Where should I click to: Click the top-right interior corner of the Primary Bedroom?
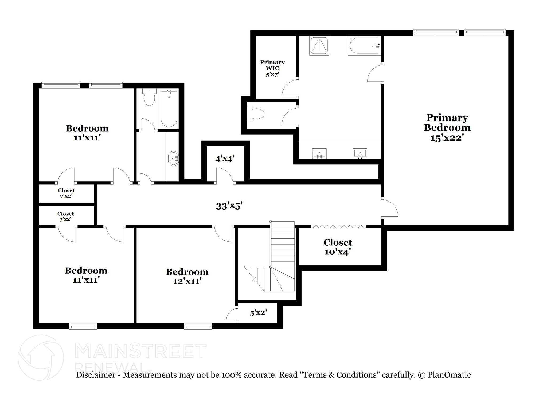pyautogui.click(x=508, y=36)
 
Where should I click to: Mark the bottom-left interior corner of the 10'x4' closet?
pyautogui.click(x=299, y=265)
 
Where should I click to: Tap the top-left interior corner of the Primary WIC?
pyautogui.click(x=256, y=36)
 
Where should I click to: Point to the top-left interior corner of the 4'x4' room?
pyautogui.click(x=207, y=146)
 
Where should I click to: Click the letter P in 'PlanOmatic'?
pyautogui.click(x=431, y=375)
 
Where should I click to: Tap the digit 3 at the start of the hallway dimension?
pyautogui.click(x=218, y=206)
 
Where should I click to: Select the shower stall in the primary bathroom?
pyautogui.click(x=319, y=46)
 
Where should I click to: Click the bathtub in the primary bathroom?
pyautogui.click(x=365, y=46)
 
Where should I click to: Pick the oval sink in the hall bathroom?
pyautogui.click(x=173, y=159)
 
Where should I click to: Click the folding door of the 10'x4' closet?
pyautogui.click(x=339, y=227)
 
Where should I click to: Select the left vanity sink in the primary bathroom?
pyautogui.click(x=319, y=154)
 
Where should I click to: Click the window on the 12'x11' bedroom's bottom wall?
pyautogui.click(x=198, y=326)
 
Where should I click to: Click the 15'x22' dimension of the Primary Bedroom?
pyautogui.click(x=447, y=138)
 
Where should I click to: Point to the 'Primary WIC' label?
pyautogui.click(x=272, y=65)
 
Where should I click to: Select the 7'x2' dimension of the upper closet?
pyautogui.click(x=66, y=196)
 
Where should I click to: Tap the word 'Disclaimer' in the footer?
pyautogui.click(x=96, y=375)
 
